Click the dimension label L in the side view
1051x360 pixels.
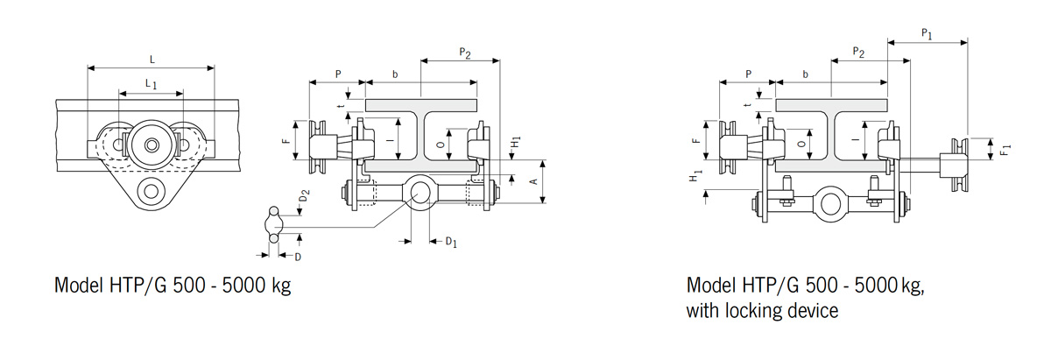(x=152, y=60)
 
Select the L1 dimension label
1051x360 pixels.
(x=152, y=83)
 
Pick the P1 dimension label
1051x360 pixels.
(x=927, y=34)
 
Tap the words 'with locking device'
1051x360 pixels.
(x=763, y=310)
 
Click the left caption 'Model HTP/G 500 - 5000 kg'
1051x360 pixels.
(x=173, y=286)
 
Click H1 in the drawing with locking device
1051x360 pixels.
(x=695, y=176)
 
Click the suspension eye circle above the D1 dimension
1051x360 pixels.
(x=419, y=190)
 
